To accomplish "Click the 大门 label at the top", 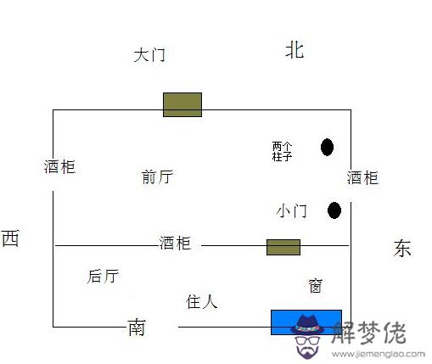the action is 149,55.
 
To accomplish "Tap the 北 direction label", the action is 295,50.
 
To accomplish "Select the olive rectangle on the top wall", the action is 182,104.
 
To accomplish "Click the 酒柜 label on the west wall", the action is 59,166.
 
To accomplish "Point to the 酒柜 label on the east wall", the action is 362,177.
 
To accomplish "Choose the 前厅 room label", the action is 157,176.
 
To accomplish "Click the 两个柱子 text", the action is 282,151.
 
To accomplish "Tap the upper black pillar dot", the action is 327,147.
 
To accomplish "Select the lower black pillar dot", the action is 334,210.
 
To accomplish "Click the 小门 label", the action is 292,211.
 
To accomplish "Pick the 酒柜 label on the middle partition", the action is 175,243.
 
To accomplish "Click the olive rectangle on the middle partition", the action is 283,247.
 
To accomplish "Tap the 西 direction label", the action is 10,238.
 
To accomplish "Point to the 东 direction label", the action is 402,248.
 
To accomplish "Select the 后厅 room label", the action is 103,276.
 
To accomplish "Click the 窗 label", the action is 316,286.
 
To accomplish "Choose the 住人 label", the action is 202,301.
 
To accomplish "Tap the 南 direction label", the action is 137,328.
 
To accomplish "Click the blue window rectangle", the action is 306,322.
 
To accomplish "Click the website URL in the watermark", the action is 379,354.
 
